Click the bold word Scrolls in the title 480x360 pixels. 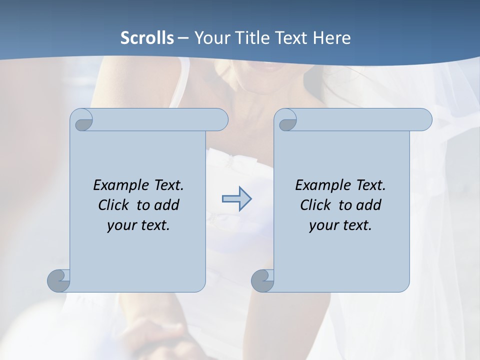tap(147, 38)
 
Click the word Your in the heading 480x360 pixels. tap(210, 38)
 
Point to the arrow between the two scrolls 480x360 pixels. tap(236, 199)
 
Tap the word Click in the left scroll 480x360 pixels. tap(109, 205)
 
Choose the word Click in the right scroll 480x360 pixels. tap(315, 205)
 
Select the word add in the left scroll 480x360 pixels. tap(166, 205)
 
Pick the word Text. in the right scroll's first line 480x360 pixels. tap(370, 185)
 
